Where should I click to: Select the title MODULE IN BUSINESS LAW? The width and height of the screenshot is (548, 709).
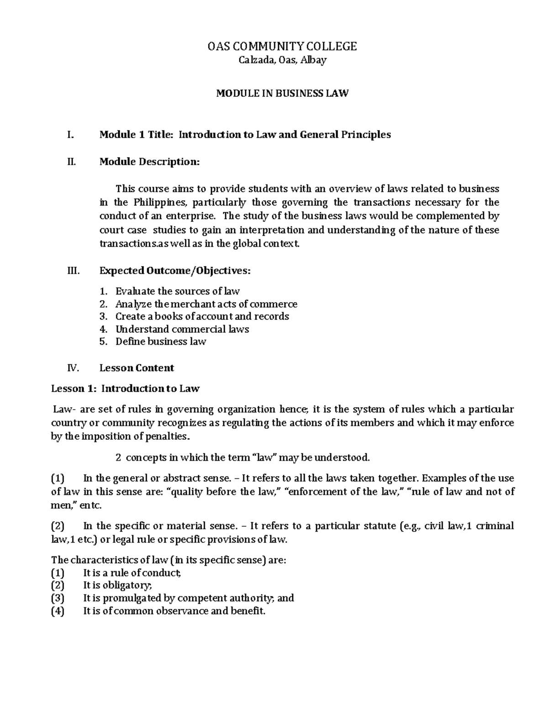tap(282, 94)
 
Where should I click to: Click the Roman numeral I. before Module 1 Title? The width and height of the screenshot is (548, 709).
tap(69, 135)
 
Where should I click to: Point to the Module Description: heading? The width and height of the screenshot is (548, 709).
tap(149, 162)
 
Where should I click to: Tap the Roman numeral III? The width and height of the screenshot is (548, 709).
tap(73, 271)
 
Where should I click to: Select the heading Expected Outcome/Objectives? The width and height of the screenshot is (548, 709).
tap(175, 271)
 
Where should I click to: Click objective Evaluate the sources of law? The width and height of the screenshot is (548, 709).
tap(177, 291)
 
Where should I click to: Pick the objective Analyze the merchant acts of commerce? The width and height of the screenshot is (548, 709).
tap(206, 304)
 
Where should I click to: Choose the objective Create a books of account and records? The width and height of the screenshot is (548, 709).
tap(202, 316)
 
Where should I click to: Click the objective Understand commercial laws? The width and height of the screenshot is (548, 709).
tap(182, 329)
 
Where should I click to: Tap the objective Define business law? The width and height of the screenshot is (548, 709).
tap(160, 341)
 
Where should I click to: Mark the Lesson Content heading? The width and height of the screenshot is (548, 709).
tap(137, 368)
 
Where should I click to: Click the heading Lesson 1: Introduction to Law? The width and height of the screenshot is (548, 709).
tap(125, 389)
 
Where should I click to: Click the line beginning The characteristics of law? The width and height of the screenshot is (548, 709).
tap(169, 560)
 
